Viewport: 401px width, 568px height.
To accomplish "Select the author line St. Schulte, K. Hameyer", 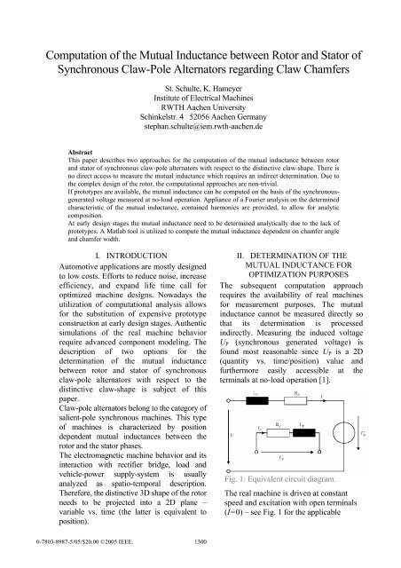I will coord(200,91).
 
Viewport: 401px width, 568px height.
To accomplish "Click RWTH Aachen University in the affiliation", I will coord(200,114).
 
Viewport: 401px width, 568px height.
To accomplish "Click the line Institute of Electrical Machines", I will coord(200,102).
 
